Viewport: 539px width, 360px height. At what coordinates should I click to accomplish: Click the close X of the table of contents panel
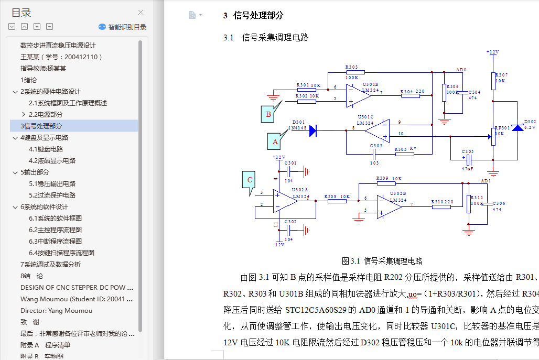click(141, 13)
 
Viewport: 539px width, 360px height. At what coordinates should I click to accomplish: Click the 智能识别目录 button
click(122, 27)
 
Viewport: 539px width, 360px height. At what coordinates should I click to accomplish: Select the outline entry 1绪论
click(28, 80)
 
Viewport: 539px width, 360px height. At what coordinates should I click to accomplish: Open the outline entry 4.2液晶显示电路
click(52, 161)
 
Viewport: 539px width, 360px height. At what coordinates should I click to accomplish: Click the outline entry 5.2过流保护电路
click(52, 195)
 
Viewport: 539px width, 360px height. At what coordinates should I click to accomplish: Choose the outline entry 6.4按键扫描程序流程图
click(61, 253)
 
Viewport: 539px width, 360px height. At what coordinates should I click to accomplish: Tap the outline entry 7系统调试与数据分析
click(50, 265)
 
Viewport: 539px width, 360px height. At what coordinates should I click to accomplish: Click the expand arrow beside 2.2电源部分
click(24, 115)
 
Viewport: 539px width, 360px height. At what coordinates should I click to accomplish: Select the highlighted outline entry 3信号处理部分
click(41, 126)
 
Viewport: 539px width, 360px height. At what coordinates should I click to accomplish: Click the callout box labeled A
click(274, 141)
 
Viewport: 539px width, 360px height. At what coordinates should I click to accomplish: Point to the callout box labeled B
click(268, 114)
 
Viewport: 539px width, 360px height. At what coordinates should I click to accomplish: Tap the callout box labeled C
click(250, 180)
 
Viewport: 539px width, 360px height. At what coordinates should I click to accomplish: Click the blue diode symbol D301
click(312, 131)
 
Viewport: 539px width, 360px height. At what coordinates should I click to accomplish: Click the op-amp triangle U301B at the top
click(358, 96)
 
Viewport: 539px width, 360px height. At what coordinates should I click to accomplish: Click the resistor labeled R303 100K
click(351, 72)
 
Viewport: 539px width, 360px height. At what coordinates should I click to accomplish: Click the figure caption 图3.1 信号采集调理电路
click(382, 261)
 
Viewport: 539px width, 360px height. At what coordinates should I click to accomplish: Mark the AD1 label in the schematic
click(486, 181)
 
